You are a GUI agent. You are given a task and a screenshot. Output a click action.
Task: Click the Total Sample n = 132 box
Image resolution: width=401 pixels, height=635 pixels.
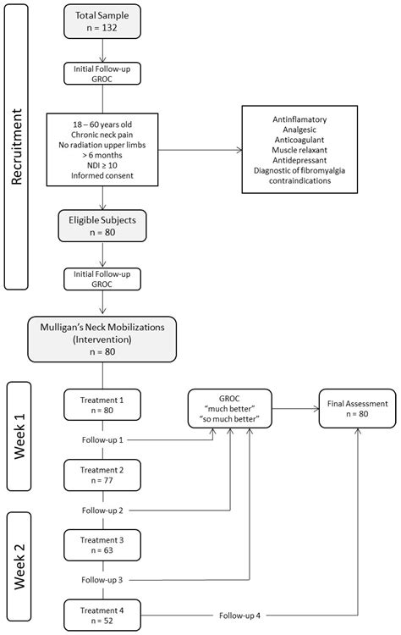(x=104, y=22)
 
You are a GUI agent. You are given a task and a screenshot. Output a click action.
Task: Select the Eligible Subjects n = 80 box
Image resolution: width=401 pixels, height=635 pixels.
(x=104, y=224)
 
